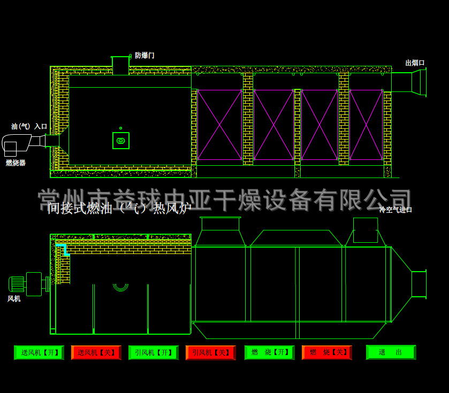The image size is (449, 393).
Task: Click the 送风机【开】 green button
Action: (39, 352)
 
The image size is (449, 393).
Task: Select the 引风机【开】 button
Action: (154, 352)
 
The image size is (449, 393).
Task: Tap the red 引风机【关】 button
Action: (211, 352)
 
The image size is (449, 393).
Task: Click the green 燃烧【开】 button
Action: (270, 352)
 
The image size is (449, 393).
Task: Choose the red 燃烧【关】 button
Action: (327, 352)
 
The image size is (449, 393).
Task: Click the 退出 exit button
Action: (391, 352)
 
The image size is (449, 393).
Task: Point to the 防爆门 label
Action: (144, 56)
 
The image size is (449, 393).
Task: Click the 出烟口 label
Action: (415, 63)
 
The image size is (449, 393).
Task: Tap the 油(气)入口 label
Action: (29, 127)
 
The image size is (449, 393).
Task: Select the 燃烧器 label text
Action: (16, 163)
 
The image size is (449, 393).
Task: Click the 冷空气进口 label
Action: (395, 210)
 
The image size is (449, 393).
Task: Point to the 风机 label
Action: (14, 299)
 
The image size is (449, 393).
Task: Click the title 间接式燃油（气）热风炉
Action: (119, 208)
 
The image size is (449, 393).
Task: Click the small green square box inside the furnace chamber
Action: (121, 141)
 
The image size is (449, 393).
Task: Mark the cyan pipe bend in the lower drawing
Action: (63, 248)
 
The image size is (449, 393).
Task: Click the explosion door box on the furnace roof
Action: (120, 65)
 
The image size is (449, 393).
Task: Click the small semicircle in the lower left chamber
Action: (120, 287)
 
